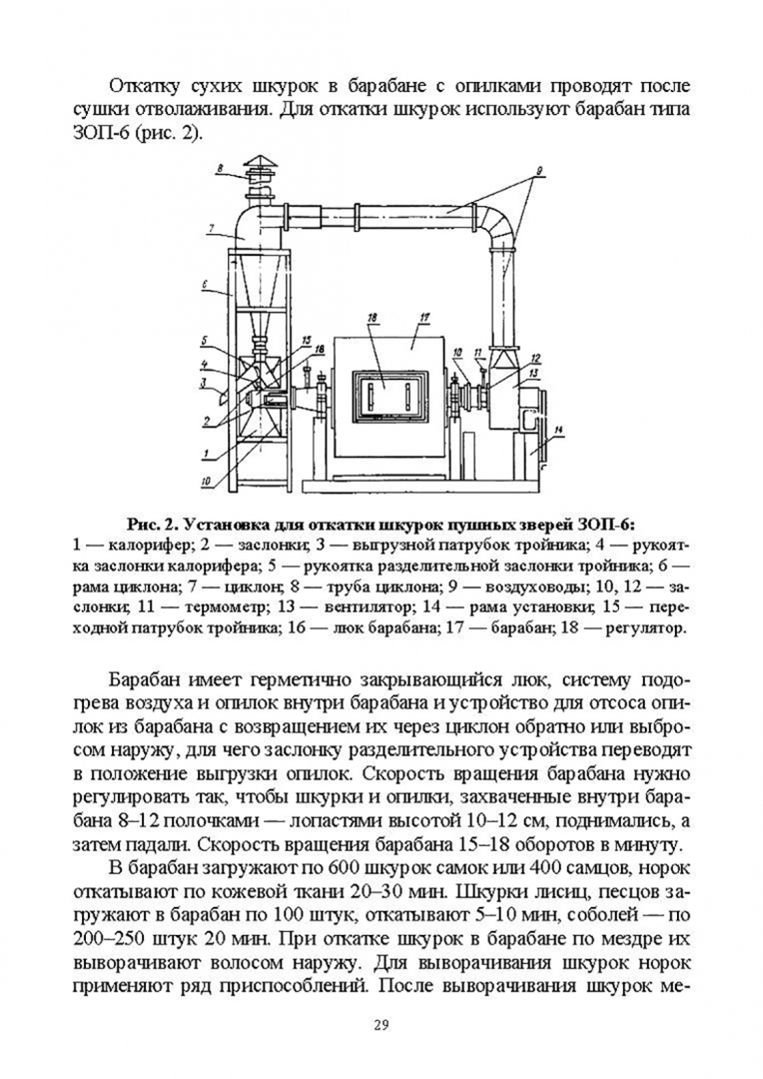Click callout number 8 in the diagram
219,168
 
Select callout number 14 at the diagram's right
559,430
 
